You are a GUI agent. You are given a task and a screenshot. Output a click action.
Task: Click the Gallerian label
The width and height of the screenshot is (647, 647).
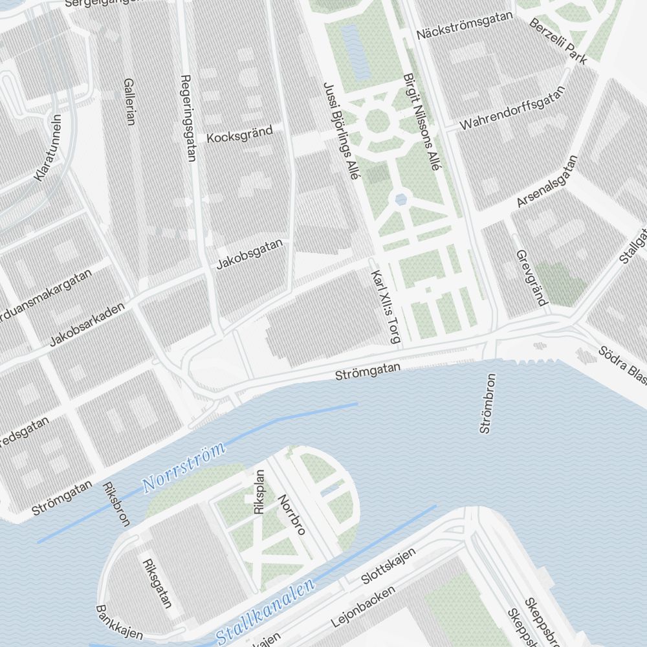(129, 102)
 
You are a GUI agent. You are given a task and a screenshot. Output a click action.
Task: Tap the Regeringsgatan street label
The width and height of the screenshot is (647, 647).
(187, 117)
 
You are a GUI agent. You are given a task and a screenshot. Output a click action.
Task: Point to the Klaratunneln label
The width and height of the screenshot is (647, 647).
(48, 148)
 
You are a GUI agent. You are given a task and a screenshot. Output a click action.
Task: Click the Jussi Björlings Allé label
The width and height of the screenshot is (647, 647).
(340, 133)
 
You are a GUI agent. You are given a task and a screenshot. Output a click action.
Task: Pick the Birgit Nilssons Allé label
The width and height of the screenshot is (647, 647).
(421, 122)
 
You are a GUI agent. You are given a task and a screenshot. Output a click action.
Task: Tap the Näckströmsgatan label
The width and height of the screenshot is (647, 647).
(465, 25)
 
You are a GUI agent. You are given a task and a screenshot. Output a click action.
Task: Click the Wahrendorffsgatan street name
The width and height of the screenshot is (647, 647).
(512, 107)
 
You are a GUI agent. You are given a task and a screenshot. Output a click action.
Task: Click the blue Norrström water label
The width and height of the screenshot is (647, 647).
(183, 466)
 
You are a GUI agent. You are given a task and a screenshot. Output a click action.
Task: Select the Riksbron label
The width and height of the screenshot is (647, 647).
(116, 503)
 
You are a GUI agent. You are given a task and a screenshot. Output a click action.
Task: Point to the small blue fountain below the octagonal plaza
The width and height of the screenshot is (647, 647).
(401, 199)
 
